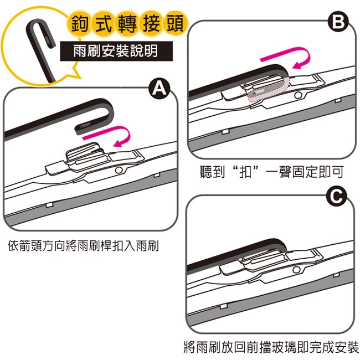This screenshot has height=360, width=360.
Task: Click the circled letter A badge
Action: click(x=160, y=89)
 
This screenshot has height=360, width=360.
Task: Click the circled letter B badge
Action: click(x=338, y=22)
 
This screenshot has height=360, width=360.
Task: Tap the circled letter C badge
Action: click(x=336, y=197)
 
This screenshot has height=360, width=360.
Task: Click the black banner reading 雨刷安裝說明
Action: click(x=116, y=51)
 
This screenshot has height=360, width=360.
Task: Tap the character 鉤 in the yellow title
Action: click(x=79, y=24)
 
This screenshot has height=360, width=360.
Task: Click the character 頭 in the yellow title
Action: click(x=175, y=24)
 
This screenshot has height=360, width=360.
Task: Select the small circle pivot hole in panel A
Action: click(x=119, y=170)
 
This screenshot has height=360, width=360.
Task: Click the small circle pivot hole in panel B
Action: click(x=298, y=95)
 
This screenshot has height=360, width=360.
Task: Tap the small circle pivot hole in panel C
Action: click(x=296, y=270)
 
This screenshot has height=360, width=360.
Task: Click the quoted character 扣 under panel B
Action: click(x=245, y=172)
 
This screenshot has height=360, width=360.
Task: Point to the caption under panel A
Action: click(x=83, y=246)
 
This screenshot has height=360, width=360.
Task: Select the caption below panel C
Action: click(x=271, y=347)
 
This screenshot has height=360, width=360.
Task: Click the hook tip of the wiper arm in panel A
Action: click(x=78, y=130)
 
